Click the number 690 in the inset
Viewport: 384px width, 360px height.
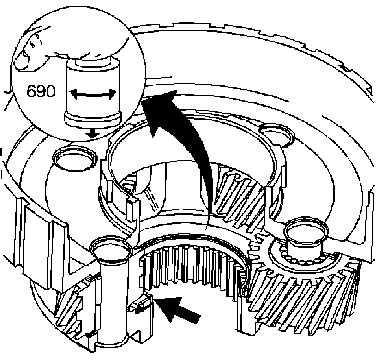41,91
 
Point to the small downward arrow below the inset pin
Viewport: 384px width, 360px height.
93,133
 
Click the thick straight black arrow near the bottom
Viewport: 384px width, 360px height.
180,310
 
